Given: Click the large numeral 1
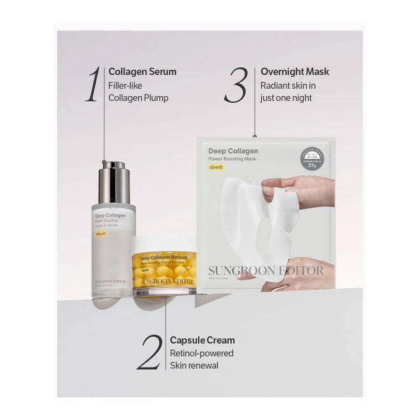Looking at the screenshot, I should coord(93,85).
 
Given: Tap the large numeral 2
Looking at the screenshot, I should coord(149,353).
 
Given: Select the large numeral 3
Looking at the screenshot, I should coord(236,85).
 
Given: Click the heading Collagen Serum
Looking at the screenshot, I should coord(142,72).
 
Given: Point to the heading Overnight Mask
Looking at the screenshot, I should coord(295,72).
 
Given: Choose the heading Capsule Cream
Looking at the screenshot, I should coord(202,340).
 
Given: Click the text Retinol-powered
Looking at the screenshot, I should coord(202,353).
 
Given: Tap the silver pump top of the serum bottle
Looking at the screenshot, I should coord(114,182).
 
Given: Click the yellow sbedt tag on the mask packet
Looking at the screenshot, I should coord(216,167).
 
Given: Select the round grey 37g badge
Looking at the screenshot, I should coord(312,159).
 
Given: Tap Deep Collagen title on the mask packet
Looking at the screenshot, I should coord(233,151).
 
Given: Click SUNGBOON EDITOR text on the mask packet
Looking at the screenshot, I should coord(265,271).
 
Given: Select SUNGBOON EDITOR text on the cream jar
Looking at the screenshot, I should coord(167,282).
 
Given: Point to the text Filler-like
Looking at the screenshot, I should coord(125,85).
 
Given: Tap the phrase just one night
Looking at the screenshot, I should coord(286,98).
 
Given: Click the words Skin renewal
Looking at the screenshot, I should coord(194,366).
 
